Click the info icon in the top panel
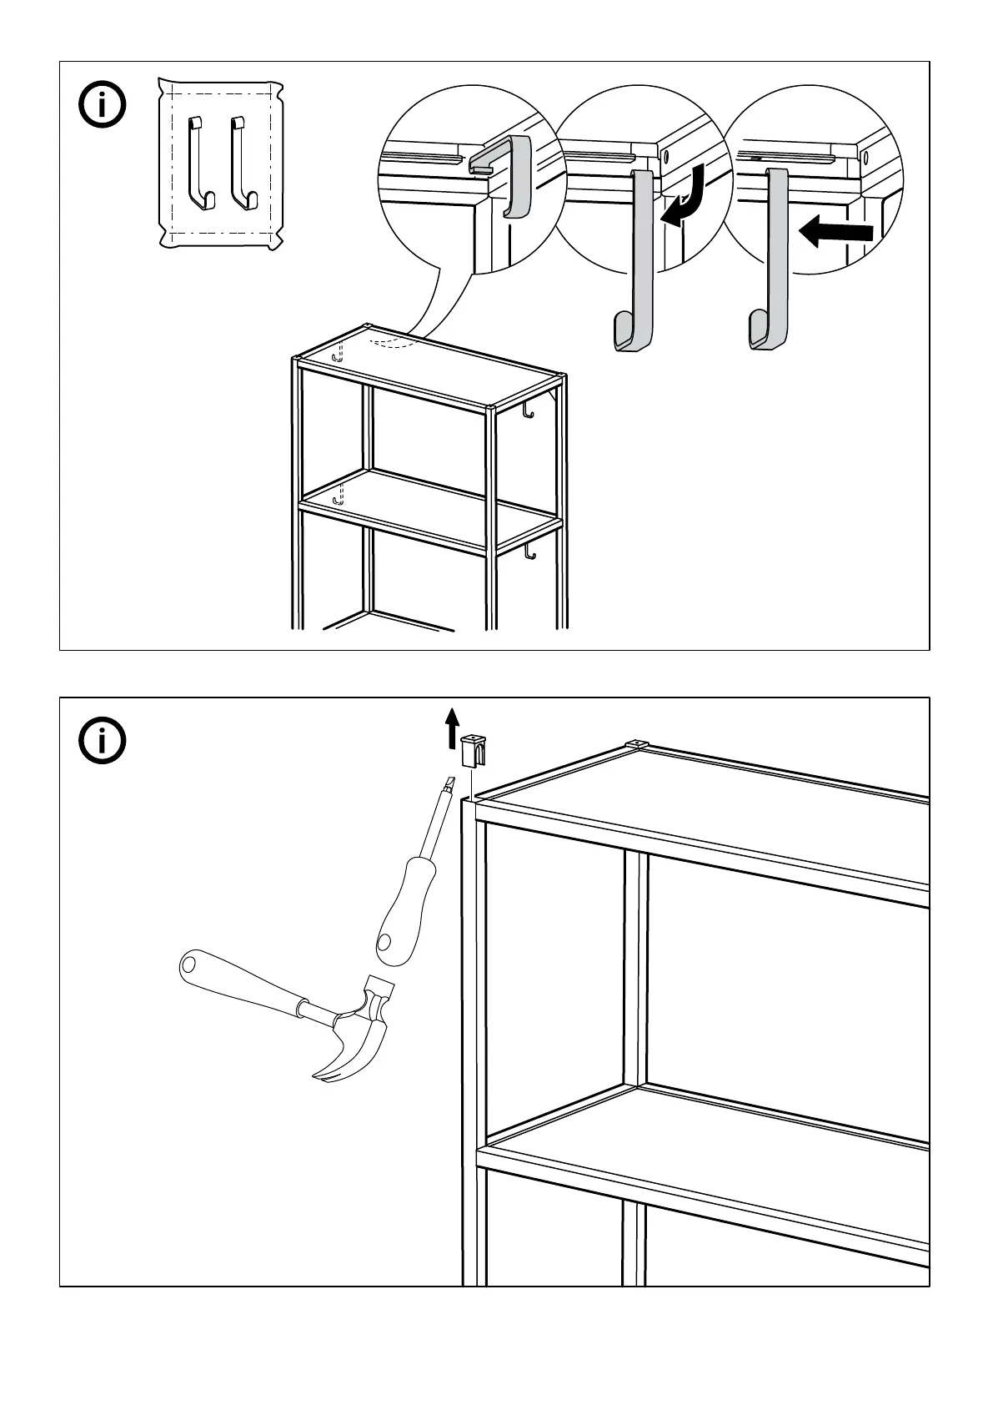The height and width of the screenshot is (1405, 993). pyautogui.click(x=103, y=106)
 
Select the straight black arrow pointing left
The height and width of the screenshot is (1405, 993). pyautogui.click(x=836, y=231)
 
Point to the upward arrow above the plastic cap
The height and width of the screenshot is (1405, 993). pyautogui.click(x=452, y=727)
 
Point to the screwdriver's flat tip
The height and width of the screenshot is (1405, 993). pyautogui.click(x=449, y=785)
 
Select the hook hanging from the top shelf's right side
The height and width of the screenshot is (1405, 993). pyautogui.click(x=527, y=410)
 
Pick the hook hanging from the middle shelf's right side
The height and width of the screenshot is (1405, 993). pyautogui.click(x=529, y=552)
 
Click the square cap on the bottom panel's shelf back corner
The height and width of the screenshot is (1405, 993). pyautogui.click(x=636, y=743)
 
